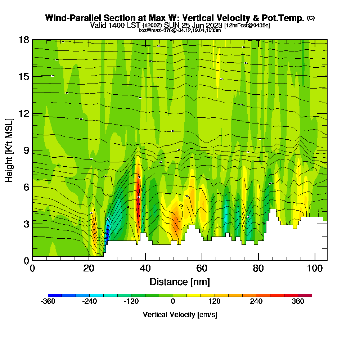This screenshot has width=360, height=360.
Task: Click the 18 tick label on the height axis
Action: click(x=24, y=40)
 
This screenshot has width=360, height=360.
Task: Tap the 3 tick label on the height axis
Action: click(x=27, y=224)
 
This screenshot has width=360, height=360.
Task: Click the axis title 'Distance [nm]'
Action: click(x=180, y=282)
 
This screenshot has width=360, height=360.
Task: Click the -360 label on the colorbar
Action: click(x=48, y=302)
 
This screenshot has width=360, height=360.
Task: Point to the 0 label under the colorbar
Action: click(x=173, y=302)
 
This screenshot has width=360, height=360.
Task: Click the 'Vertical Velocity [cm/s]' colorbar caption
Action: click(x=180, y=315)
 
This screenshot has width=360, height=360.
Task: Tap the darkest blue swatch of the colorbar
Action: click(x=55, y=295)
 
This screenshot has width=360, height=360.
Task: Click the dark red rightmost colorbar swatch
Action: click(x=305, y=295)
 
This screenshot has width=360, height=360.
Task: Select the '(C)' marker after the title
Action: click(x=311, y=18)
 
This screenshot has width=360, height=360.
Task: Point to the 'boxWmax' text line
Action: click(x=180, y=30)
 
